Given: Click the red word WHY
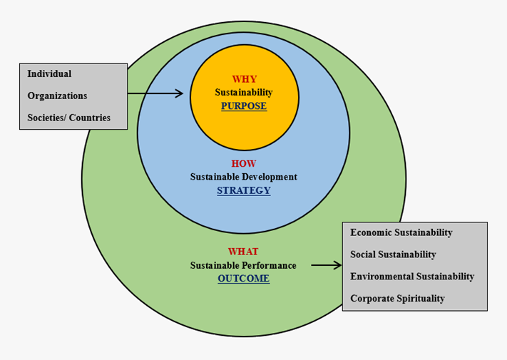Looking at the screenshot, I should [244, 79].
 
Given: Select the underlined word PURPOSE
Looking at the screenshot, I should [244, 106].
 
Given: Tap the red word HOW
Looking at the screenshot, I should [244, 163].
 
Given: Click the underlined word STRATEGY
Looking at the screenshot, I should [244, 190].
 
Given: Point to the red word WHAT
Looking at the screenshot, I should [243, 252].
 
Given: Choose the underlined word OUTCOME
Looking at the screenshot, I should [244, 279].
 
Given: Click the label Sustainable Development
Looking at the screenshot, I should [244, 177].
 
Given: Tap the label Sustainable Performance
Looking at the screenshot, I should [243, 265].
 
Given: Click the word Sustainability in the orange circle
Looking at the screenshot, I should [244, 93].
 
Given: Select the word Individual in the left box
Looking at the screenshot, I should [49, 73].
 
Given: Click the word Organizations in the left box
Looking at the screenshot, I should [57, 96].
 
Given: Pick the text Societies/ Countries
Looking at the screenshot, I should [69, 118].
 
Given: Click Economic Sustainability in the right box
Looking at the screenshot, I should [401, 232].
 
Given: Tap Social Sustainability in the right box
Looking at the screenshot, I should [393, 254].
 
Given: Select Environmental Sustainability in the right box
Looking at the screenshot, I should [412, 277].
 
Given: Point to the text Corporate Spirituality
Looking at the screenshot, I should [397, 299].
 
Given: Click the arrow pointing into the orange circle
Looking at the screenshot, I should [157, 93].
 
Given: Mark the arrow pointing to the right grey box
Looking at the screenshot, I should [327, 265].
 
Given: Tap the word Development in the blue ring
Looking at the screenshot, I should [269, 177].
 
